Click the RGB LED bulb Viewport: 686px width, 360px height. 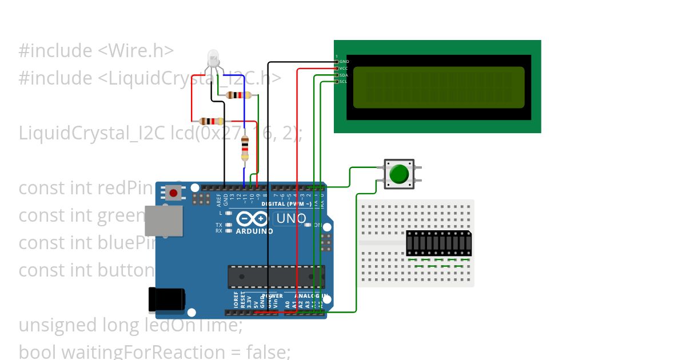(x=213, y=57)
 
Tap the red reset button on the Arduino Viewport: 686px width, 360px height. (x=173, y=193)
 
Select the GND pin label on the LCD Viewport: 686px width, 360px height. (x=344, y=61)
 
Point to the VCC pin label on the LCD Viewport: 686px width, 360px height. (x=344, y=68)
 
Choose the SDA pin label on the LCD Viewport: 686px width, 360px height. (x=344, y=75)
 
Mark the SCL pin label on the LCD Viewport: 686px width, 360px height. (x=343, y=82)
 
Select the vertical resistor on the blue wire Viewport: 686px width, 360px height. (x=245, y=147)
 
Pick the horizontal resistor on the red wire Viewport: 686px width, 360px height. (x=211, y=121)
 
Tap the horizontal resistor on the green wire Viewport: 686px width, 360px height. (x=239, y=95)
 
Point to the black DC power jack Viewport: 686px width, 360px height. (x=166, y=300)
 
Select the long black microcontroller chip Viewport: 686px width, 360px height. (x=276, y=277)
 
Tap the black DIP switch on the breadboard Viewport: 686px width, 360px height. (x=438, y=243)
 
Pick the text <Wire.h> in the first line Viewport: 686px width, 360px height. (x=135, y=51)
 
